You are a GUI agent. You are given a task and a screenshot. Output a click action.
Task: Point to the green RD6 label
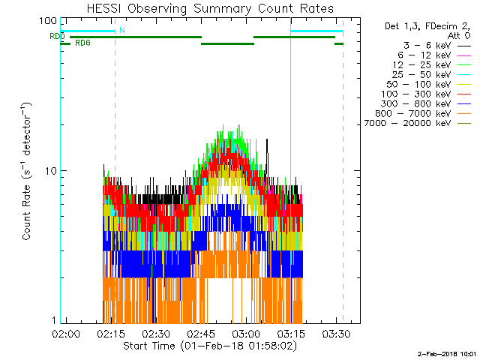[x=83, y=43]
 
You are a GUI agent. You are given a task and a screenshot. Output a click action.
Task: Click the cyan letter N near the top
[x=122, y=30]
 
